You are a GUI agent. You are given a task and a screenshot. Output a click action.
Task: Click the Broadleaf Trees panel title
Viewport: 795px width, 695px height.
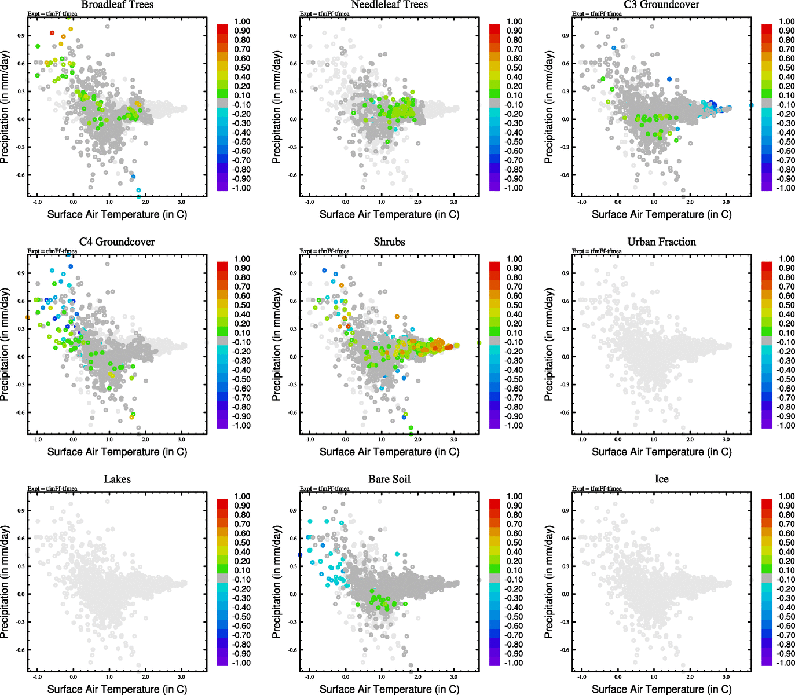tap(117, 5)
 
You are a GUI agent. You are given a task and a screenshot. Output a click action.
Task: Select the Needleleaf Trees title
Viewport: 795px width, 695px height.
tap(389, 5)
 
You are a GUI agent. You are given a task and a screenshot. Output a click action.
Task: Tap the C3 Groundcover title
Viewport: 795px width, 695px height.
tap(661, 5)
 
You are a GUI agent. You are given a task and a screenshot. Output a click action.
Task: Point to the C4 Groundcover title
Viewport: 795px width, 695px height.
tap(117, 242)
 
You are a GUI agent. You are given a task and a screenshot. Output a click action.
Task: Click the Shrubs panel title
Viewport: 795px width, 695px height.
tap(389, 242)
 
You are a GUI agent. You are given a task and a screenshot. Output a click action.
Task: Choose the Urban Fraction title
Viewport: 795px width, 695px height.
tap(661, 242)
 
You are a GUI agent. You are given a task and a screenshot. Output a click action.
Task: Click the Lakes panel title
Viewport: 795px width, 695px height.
tap(117, 479)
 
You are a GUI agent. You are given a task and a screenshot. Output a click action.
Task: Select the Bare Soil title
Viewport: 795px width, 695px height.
tap(389, 479)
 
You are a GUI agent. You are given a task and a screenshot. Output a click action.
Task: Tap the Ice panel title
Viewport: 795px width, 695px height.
tap(661, 479)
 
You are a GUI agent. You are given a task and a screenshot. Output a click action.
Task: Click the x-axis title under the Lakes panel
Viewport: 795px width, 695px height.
tap(117, 689)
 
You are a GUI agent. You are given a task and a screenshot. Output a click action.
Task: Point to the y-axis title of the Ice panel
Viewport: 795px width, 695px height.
tap(549, 581)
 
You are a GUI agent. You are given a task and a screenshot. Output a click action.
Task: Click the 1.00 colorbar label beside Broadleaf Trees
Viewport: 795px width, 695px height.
tap(242, 21)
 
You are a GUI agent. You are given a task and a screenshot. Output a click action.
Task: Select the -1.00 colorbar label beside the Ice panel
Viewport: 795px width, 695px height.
tap(785, 663)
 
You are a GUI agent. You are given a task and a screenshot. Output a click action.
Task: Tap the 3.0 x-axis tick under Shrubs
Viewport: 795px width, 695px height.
tap(454, 440)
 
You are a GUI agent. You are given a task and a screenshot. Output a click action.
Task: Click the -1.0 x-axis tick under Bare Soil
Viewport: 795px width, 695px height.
tap(310, 677)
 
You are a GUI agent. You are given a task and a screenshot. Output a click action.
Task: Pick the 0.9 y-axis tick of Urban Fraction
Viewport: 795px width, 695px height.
tap(565, 273)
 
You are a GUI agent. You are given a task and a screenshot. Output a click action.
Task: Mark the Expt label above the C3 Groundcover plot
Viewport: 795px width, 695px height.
tap(597, 13)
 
